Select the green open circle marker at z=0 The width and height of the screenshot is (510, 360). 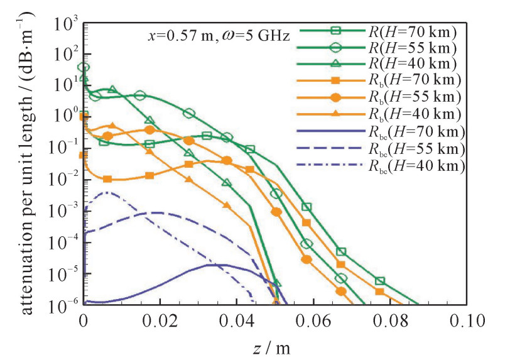[84, 67]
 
